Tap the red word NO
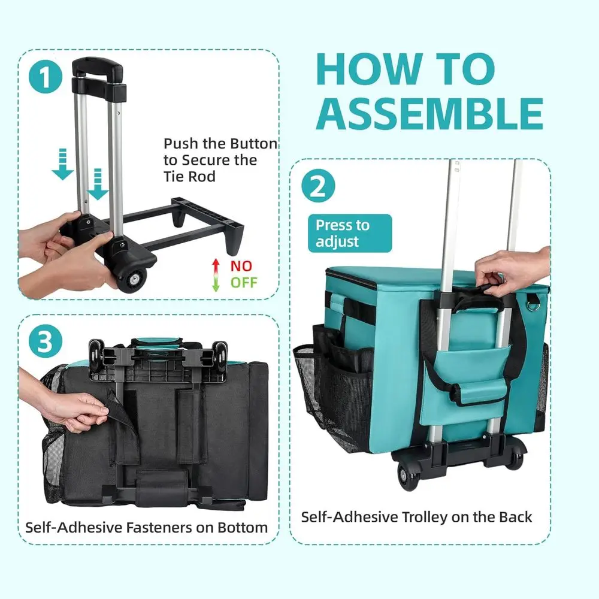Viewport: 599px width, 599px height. [241, 265]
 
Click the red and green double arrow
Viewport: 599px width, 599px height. [216, 274]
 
